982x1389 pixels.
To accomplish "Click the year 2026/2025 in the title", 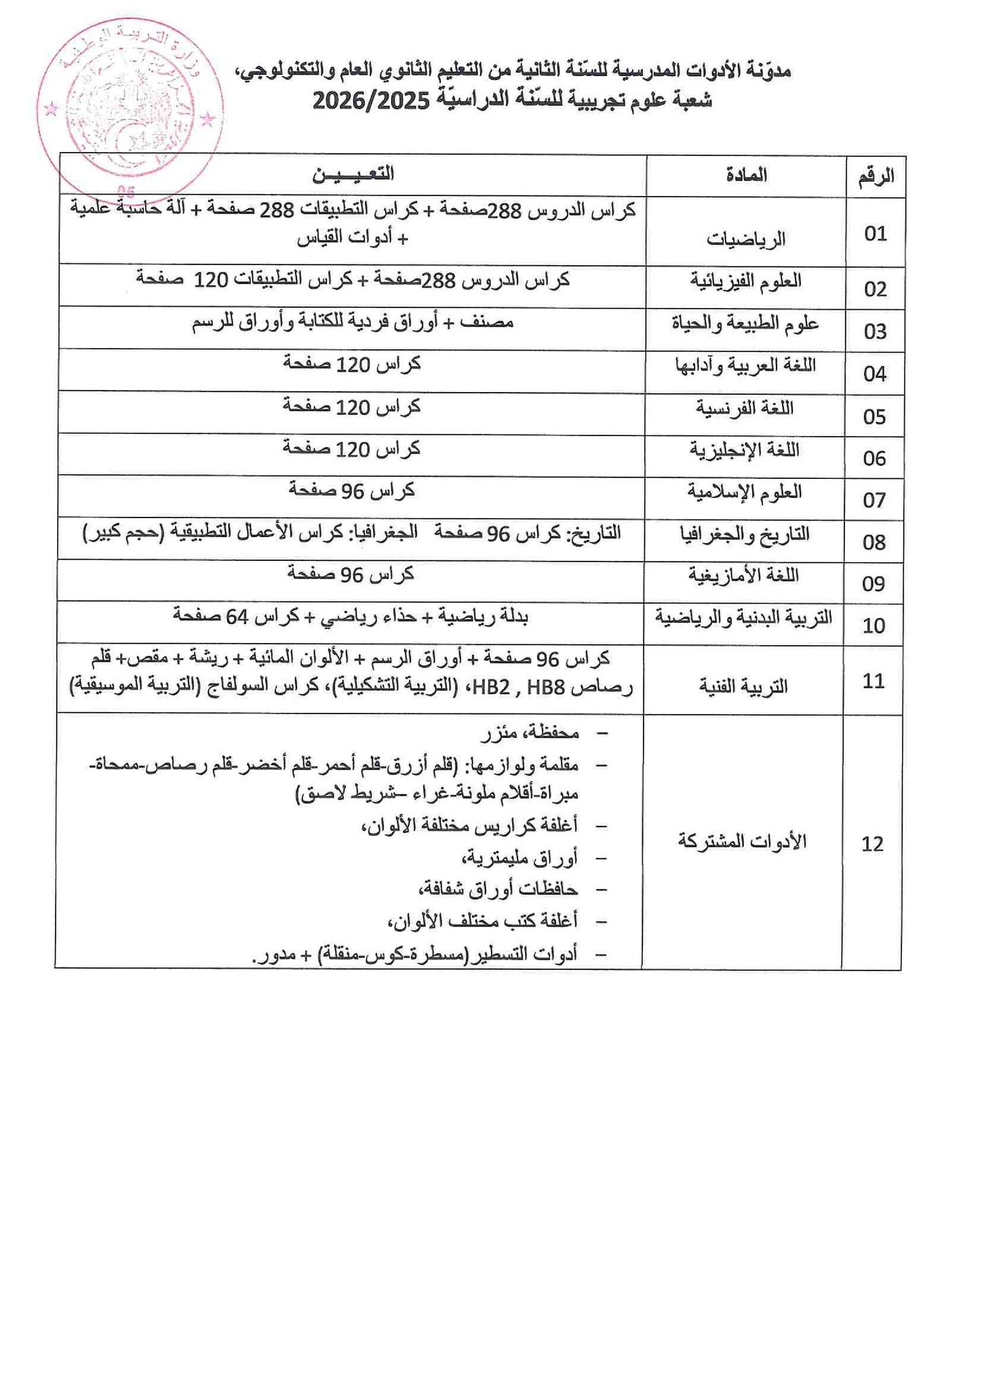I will (371, 102).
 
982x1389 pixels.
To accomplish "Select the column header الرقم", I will (876, 176).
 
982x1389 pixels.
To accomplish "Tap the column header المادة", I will (746, 175).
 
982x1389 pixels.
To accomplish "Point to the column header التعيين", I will (353, 174).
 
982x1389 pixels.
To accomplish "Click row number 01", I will (876, 234).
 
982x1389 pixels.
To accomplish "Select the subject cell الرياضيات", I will (746, 239).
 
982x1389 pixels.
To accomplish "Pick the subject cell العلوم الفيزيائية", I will (746, 281).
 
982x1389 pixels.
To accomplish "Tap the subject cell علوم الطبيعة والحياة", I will (745, 324).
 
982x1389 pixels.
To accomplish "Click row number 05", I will (875, 416).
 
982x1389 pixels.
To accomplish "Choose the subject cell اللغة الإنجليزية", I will (745, 450).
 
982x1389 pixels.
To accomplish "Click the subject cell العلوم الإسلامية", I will (745, 492).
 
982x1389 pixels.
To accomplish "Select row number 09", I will (874, 583).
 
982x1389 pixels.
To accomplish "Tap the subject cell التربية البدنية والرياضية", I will (743, 618).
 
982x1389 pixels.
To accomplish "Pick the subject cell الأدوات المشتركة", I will (743, 842).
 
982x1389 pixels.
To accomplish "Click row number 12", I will (873, 844).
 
